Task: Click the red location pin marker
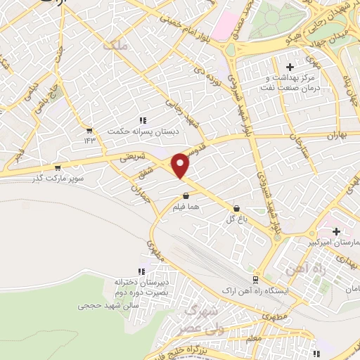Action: click(181, 165)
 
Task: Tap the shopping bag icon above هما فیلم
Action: click(186, 196)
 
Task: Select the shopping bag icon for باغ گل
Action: click(237, 208)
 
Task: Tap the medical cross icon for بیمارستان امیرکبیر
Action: click(336, 231)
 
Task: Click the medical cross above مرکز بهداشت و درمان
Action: click(290, 67)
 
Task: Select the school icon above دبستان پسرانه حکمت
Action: click(143, 120)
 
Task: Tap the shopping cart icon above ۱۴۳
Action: click(89, 130)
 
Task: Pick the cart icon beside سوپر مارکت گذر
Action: click(57, 167)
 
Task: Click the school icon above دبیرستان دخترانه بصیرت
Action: click(142, 271)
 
